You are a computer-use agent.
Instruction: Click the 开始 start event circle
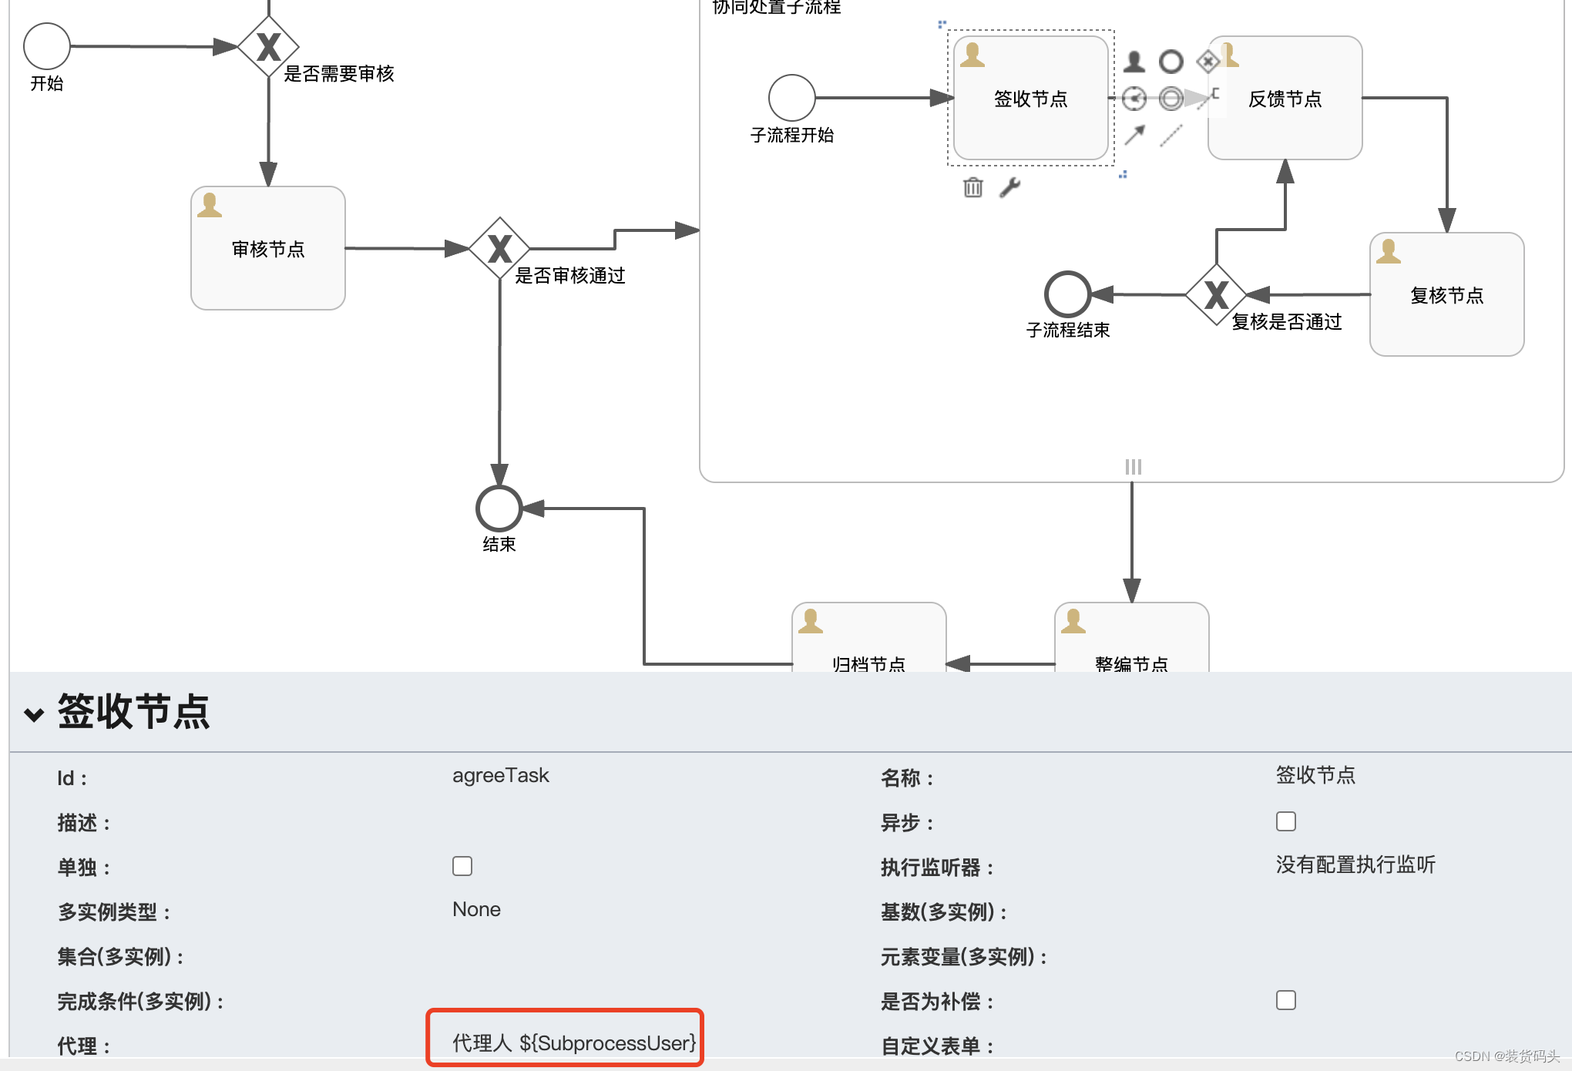pos(47,46)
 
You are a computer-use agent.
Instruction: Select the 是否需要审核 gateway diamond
pos(268,47)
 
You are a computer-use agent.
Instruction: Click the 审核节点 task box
pos(268,248)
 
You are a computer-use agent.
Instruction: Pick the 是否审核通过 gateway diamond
pos(499,248)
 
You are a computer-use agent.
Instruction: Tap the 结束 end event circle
pos(499,509)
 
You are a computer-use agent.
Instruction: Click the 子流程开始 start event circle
pos(791,98)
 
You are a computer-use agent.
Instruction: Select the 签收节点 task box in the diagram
pos(1030,99)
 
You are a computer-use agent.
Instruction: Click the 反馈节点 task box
pos(1285,99)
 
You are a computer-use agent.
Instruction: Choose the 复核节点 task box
pos(1446,294)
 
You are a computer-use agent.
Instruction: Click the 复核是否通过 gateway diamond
pos(1216,294)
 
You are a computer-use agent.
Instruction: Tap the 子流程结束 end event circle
pos(1067,294)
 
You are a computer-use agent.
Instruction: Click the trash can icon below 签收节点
pos(973,187)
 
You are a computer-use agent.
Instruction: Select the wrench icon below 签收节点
pos(1009,187)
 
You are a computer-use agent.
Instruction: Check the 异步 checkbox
pos(1285,821)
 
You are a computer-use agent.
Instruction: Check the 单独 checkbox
pos(462,866)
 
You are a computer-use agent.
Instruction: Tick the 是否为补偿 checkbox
pos(1285,1000)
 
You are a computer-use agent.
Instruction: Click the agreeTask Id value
pos(500,776)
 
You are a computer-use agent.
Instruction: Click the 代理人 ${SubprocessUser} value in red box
pos(573,1042)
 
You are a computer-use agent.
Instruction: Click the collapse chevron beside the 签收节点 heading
pos(34,714)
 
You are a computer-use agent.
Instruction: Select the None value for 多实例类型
pos(476,910)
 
